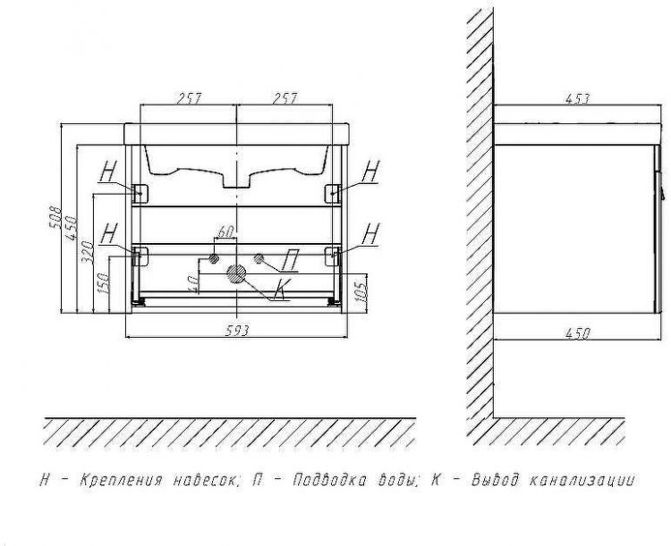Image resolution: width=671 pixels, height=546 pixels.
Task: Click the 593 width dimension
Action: [x=237, y=331]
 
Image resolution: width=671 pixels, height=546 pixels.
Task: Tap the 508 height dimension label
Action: [x=55, y=218]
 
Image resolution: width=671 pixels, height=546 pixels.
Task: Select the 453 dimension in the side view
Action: [x=577, y=99]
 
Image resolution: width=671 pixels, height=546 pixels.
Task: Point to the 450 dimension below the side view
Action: [x=578, y=333]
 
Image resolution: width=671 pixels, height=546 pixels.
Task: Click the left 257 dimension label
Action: [x=189, y=98]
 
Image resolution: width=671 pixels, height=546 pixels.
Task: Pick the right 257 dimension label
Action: [x=285, y=98]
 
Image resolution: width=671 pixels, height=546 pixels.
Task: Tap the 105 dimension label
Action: [x=361, y=292]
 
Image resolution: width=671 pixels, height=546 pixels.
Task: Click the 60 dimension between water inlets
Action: [x=225, y=232]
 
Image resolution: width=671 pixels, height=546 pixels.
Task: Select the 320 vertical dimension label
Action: [x=87, y=252]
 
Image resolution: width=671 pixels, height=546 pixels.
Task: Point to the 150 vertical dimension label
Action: [x=104, y=282]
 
